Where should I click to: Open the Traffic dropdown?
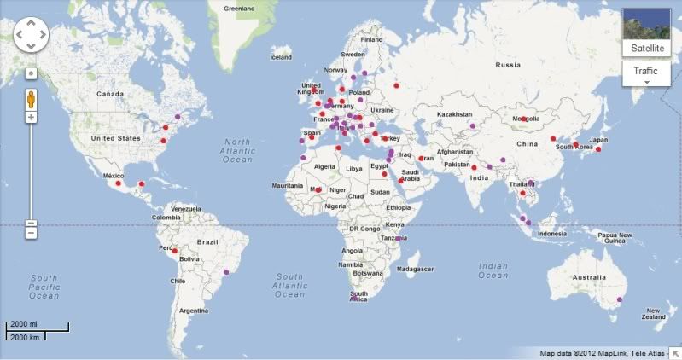pos(646,75)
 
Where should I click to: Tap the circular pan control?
pos(31,34)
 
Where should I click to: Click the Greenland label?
pos(238,8)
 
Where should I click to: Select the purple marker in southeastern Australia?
pos(620,299)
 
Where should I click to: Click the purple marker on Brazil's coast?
pos(226,272)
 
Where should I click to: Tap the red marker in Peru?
pos(174,251)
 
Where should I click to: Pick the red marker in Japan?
pos(598,149)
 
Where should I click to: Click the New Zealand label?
pos(653,313)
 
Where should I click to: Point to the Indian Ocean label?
pos(493,270)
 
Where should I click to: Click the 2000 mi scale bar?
pos(38,328)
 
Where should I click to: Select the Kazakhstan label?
pos(455,114)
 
